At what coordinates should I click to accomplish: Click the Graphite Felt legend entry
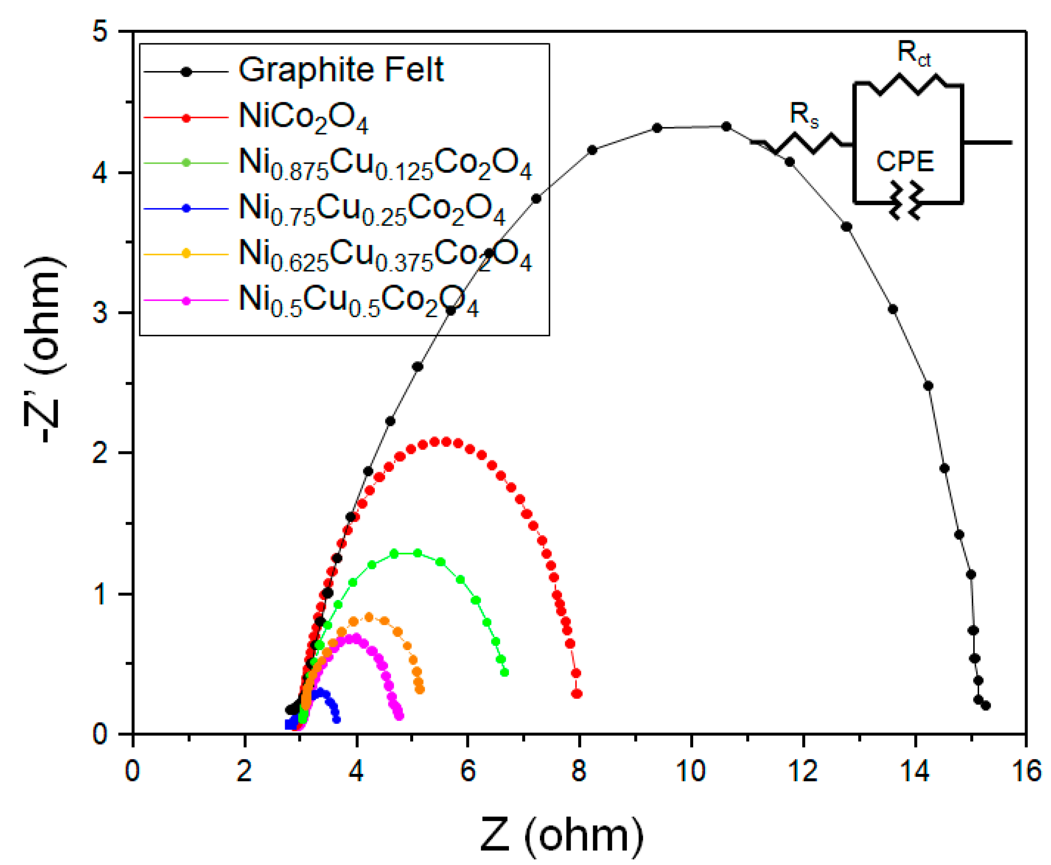tap(341, 70)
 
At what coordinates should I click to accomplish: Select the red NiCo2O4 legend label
tap(303, 117)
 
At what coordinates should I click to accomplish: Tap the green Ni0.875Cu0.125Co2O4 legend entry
tap(385, 164)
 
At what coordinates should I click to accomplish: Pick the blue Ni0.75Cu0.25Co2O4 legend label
tap(372, 209)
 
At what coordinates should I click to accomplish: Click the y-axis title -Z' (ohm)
tap(45, 349)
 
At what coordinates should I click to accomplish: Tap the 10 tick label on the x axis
tap(691, 771)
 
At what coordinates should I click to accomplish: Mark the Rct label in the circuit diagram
tap(914, 53)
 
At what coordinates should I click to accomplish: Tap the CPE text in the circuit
tap(905, 162)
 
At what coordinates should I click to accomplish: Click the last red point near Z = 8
tap(577, 694)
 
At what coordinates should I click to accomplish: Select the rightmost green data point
tap(504, 673)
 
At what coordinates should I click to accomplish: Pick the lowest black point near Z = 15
tap(985, 705)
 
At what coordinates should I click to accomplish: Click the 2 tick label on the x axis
tap(244, 771)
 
